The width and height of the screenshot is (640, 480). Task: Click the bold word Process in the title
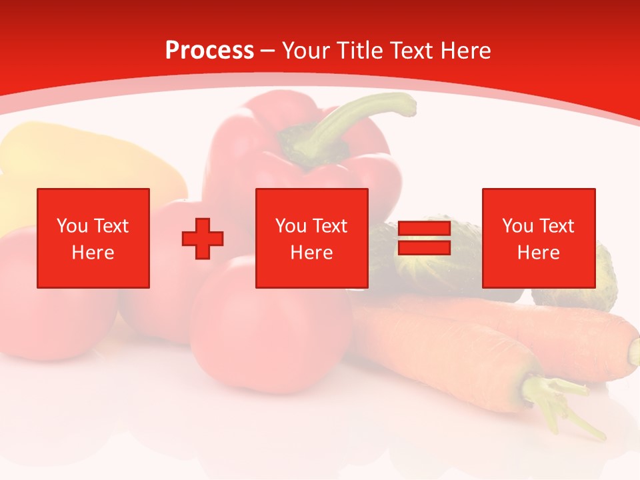click(209, 51)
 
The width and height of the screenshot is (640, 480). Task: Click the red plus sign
click(203, 239)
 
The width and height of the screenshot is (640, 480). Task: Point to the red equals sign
click(424, 238)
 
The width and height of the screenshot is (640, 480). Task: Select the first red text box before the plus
click(93, 238)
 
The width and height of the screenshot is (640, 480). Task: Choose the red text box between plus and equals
click(312, 238)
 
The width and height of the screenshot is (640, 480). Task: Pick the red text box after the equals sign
click(539, 238)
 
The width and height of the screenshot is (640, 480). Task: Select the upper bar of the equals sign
click(424, 229)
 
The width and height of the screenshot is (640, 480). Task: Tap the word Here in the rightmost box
click(539, 253)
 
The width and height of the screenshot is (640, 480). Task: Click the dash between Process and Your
click(268, 51)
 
